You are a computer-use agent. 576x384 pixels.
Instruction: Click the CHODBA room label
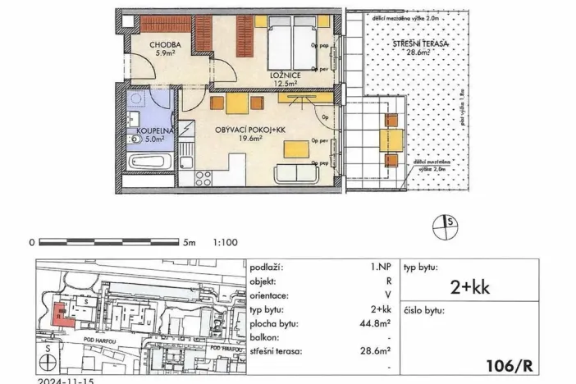pos(149,46)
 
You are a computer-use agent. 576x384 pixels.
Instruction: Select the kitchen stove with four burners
pos(201,178)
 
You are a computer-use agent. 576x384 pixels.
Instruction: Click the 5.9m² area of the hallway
pos(148,55)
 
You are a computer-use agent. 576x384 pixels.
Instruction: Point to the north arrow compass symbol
pos(447,226)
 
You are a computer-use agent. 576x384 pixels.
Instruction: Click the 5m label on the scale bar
pos(189,243)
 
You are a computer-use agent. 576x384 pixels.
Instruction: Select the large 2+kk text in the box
pos(470,286)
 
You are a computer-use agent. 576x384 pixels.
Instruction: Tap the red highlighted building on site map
pos(58,312)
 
